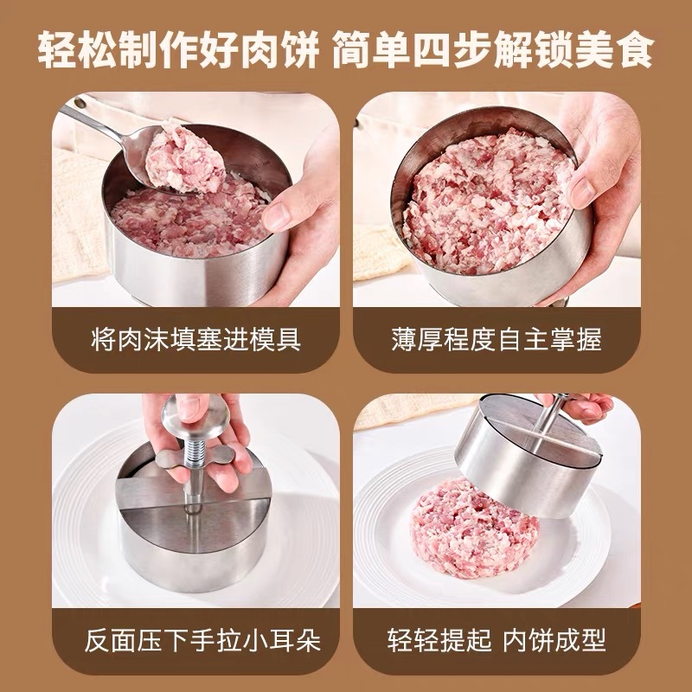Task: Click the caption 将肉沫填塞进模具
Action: (x=196, y=339)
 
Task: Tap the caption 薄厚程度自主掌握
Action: (x=497, y=339)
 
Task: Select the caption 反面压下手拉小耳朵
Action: (x=202, y=641)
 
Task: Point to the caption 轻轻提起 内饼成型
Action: (x=497, y=641)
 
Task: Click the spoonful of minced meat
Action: (x=184, y=159)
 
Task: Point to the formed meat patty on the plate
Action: (x=474, y=529)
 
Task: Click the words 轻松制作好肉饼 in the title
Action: (x=178, y=49)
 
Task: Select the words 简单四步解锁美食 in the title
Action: (x=493, y=49)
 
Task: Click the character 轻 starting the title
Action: (x=56, y=49)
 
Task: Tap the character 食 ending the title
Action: (x=635, y=49)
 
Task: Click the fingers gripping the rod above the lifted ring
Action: (x=578, y=407)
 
